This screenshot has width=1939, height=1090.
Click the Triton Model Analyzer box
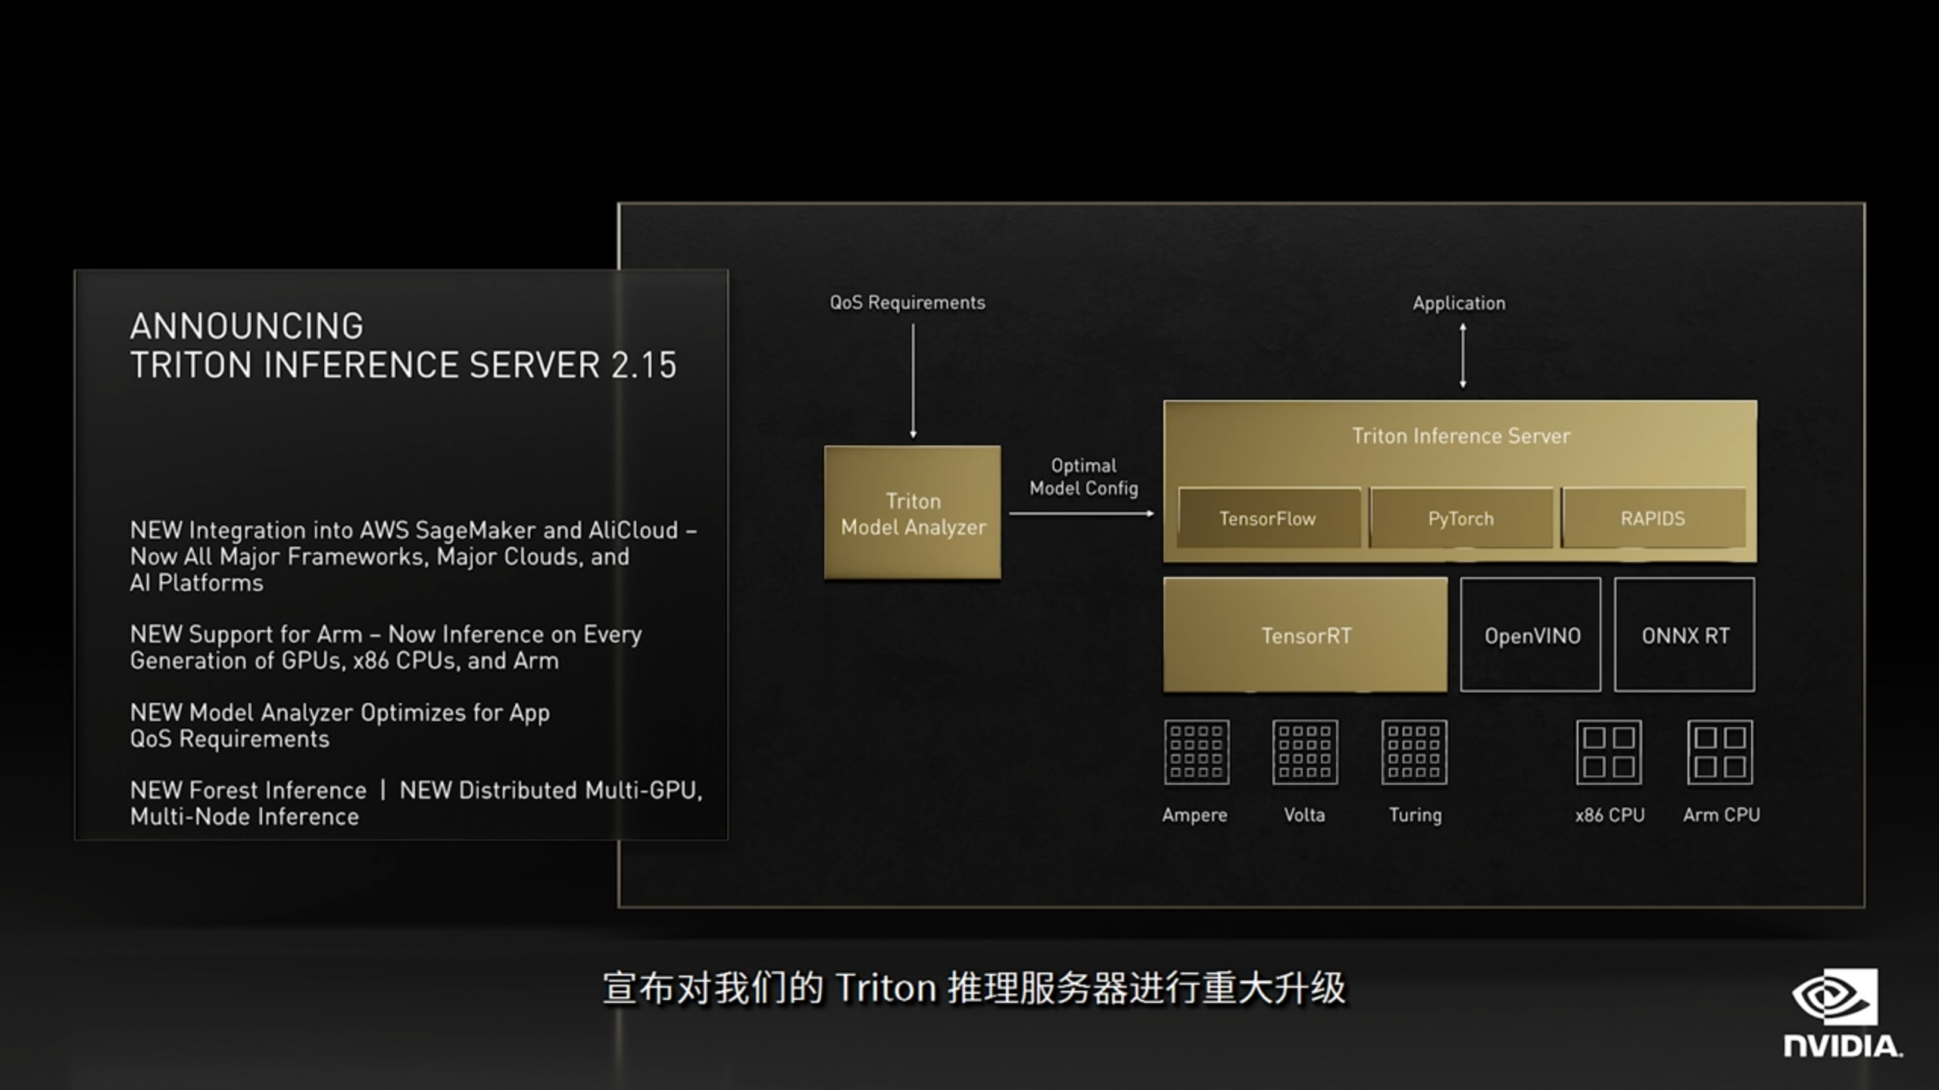point(912,513)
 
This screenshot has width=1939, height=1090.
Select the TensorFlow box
point(1268,518)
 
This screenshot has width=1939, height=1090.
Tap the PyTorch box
point(1460,518)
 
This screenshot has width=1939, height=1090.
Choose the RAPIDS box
point(1653,518)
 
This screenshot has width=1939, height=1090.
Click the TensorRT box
point(1305,635)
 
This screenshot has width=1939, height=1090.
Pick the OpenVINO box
point(1531,635)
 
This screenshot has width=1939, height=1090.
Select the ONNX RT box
point(1685,635)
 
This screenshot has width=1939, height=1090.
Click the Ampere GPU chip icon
point(1196,752)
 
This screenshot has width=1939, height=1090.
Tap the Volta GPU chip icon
point(1305,752)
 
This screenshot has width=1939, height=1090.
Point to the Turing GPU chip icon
point(1414,752)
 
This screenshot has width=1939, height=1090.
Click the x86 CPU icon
point(1609,752)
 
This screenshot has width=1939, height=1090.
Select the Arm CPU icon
point(1720,752)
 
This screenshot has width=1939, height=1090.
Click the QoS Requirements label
point(907,302)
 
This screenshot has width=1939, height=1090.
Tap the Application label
point(1459,303)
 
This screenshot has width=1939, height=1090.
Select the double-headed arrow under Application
point(1463,356)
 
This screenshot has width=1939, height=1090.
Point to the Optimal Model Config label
point(1083,476)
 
